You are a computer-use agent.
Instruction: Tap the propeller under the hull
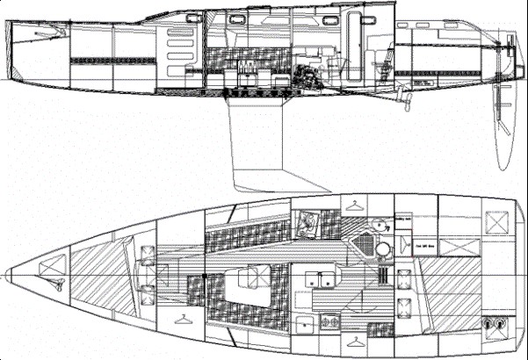tap(406, 97)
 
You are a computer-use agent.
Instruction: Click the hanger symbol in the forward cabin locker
tap(182, 317)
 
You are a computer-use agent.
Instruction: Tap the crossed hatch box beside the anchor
tap(55, 259)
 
